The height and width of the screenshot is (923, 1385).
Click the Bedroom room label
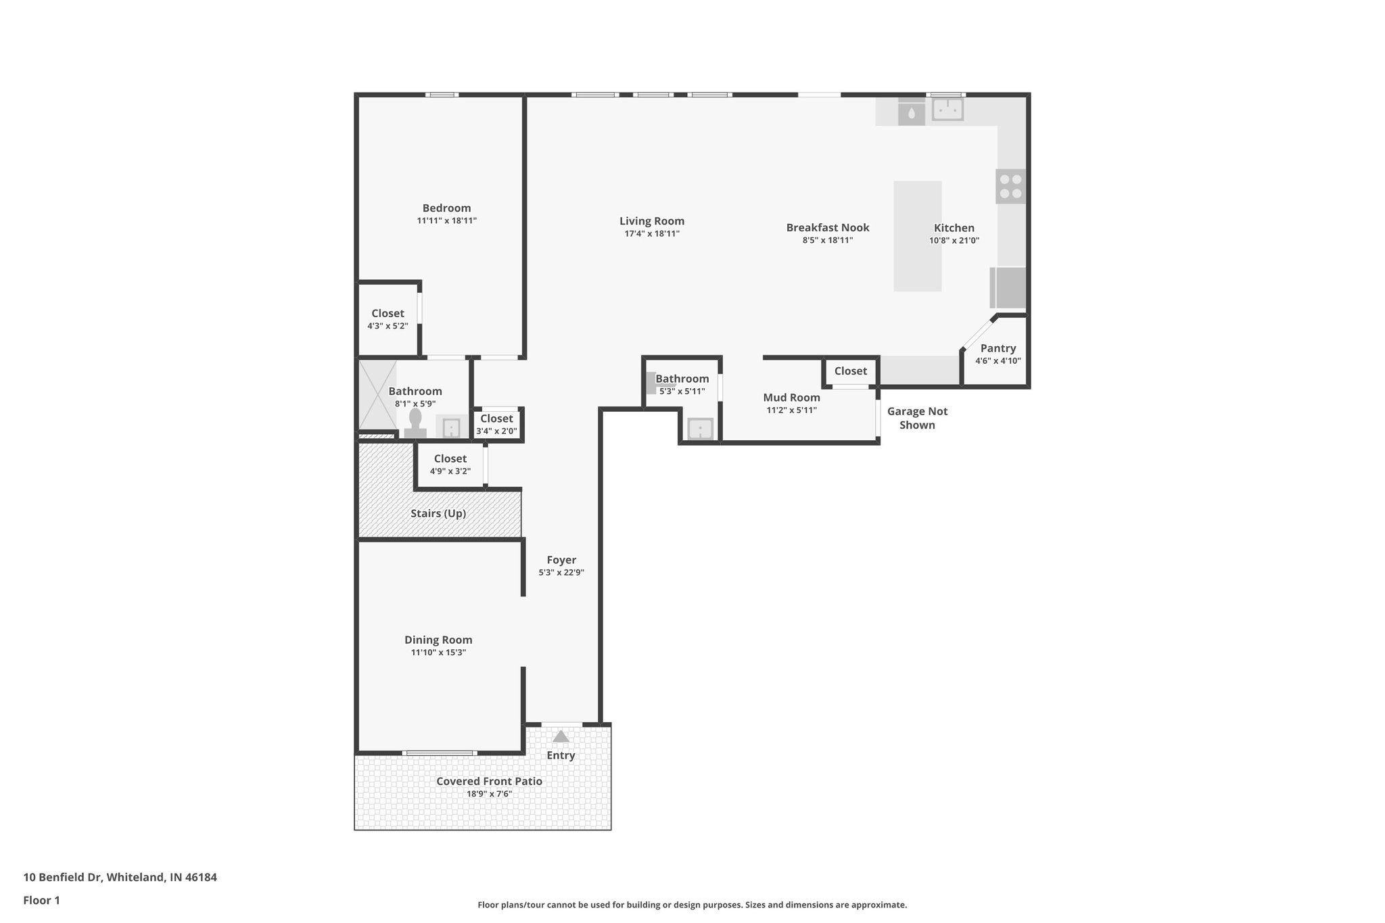[x=446, y=208]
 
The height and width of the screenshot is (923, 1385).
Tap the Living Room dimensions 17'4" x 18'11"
[x=651, y=234]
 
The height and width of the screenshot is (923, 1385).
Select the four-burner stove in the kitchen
[x=1010, y=186]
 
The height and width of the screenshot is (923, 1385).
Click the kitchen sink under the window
[x=947, y=110]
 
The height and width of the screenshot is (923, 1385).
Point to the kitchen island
[x=917, y=236]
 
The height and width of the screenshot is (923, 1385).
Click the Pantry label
[x=997, y=348]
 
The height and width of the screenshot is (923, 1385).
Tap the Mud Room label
[x=791, y=398]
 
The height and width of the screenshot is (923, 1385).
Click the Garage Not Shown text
[x=917, y=418]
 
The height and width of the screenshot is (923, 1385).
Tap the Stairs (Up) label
[x=438, y=513]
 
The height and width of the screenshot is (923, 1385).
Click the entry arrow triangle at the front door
[x=561, y=736]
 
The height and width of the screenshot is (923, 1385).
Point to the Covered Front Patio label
[x=489, y=781]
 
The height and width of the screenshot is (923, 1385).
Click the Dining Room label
[x=438, y=640]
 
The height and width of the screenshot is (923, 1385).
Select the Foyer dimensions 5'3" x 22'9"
[x=561, y=573]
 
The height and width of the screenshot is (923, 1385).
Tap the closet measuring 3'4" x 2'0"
[x=496, y=425]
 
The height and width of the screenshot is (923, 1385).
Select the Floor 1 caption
[x=41, y=900]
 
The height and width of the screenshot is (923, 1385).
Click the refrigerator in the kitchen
[x=1008, y=288]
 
